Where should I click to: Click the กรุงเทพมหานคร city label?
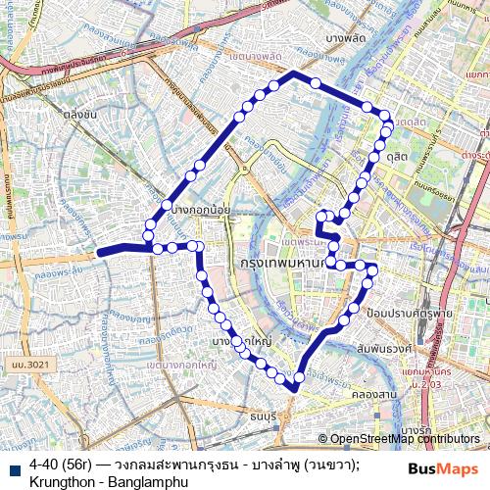(x=284, y=265)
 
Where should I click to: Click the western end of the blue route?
(x=100, y=252)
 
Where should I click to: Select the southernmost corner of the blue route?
(x=294, y=389)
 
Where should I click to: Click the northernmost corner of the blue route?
(x=295, y=73)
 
